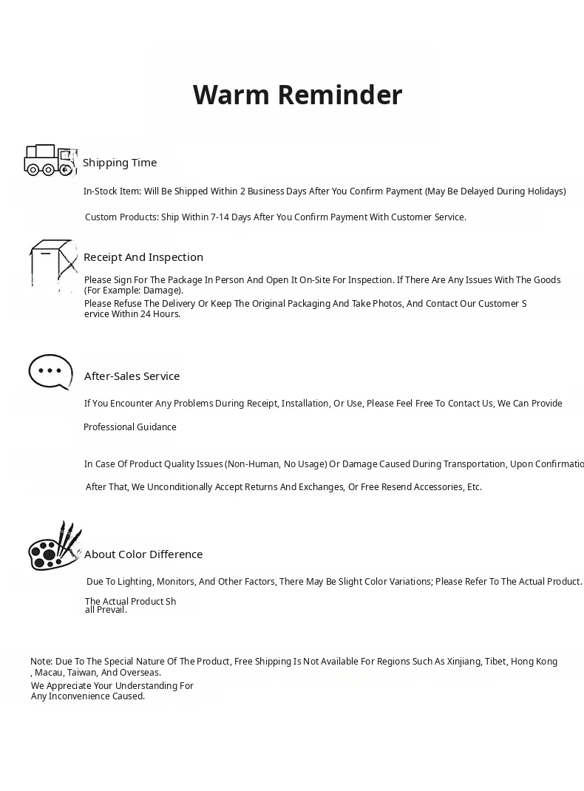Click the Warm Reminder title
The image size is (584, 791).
point(297,95)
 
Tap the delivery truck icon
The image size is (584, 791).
point(50,160)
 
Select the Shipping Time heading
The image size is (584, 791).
point(120,163)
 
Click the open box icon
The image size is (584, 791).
point(53,264)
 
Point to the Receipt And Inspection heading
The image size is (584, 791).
point(143,257)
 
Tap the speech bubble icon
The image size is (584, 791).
point(50,371)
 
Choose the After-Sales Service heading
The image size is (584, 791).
point(132,376)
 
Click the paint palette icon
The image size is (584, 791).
point(54,547)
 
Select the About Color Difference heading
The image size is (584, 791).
point(143,554)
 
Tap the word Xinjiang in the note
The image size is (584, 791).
point(463,662)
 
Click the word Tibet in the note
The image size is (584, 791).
point(495,662)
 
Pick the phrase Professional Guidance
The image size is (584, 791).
point(130,427)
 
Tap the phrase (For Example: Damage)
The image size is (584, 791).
point(134,291)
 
